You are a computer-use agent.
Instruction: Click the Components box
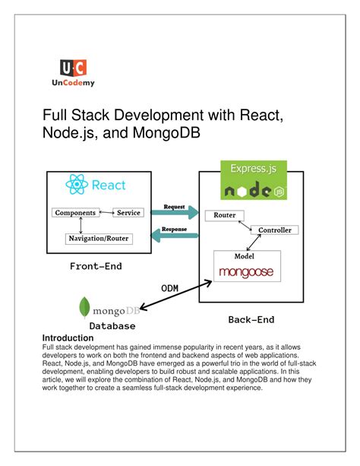(x=75, y=213)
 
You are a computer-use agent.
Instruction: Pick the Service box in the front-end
(x=128, y=213)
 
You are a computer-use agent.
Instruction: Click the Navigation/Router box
(x=99, y=239)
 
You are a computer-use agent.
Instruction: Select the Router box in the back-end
(x=224, y=216)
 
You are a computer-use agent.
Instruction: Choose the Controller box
(x=275, y=230)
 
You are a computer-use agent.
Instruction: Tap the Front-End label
(x=96, y=266)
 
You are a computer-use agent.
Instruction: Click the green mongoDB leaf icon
(x=85, y=308)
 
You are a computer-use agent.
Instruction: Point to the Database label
(x=112, y=326)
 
